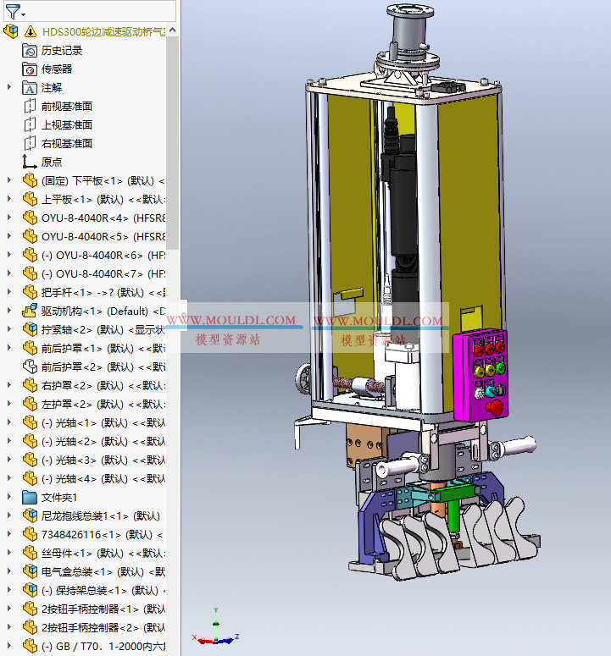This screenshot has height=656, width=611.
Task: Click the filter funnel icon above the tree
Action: (13, 12)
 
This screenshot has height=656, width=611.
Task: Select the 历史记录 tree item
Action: (62, 51)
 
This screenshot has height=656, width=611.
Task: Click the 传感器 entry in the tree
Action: (57, 69)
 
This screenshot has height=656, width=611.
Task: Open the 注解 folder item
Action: (52, 88)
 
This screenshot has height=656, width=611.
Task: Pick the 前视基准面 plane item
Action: (66, 107)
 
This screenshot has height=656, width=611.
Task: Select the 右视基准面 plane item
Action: (66, 144)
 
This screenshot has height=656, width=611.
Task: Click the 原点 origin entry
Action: (52, 163)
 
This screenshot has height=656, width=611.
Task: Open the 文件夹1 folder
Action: (59, 498)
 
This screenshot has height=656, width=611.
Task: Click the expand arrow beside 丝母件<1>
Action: (9, 554)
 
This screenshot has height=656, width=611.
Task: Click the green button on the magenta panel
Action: (500, 368)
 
